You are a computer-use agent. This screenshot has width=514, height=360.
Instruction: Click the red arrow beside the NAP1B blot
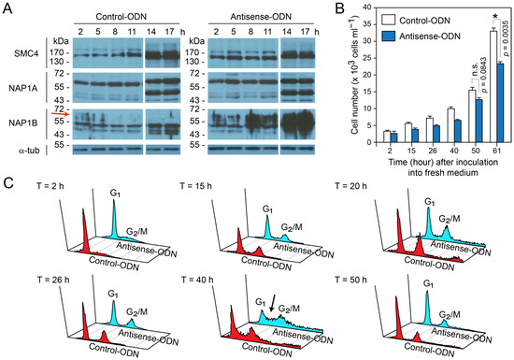tap(61, 114)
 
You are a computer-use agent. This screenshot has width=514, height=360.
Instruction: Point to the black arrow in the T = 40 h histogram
tap(273, 303)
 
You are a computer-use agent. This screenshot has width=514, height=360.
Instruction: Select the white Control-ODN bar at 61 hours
tap(493, 87)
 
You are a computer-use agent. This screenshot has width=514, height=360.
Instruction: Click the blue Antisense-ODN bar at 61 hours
tap(500, 103)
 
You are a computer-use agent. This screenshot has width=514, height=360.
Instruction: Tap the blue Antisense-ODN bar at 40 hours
tap(457, 131)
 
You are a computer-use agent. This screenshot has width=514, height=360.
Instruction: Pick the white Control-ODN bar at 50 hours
tap(472, 116)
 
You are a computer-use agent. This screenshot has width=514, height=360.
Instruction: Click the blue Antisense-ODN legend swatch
tap(388, 36)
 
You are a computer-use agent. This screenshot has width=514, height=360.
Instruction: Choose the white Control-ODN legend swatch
tap(388, 20)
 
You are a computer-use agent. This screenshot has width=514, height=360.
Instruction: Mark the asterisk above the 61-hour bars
tap(496, 16)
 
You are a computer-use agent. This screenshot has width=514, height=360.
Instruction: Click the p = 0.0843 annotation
tap(484, 75)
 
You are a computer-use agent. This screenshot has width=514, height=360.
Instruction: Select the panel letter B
tap(340, 7)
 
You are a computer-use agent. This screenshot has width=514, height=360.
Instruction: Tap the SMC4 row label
tap(26, 53)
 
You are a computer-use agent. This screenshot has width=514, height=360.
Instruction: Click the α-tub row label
tap(29, 151)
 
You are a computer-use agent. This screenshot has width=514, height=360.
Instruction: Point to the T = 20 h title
tap(350, 186)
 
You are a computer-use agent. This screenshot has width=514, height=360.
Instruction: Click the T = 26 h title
tap(53, 280)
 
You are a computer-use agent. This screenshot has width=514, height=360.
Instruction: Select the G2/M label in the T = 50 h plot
tap(450, 315)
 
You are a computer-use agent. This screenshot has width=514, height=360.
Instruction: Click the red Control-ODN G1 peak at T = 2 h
tap(84, 230)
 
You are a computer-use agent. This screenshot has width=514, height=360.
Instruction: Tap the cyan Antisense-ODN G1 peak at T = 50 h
tap(427, 306)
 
